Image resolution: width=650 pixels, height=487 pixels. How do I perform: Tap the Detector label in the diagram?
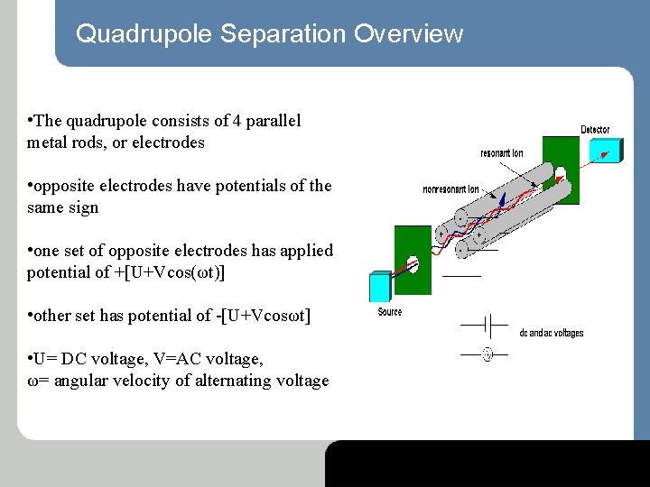coord(595,130)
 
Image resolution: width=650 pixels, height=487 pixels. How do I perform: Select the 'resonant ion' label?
coord(502,153)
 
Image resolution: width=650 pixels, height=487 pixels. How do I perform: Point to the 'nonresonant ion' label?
coord(450,189)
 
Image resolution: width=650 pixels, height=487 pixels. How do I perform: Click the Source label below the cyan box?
coord(390,312)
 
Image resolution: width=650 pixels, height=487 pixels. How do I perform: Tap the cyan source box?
coord(380,286)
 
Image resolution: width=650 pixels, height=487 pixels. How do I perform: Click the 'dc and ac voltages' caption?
coord(551,333)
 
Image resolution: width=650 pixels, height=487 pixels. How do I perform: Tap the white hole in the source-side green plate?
coord(413,264)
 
